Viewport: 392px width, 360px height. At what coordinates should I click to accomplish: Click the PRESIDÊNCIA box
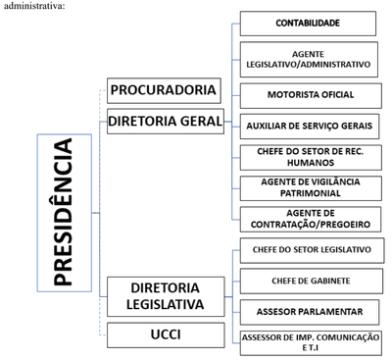coord(63,211)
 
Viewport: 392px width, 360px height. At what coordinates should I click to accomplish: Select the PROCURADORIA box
coord(163,90)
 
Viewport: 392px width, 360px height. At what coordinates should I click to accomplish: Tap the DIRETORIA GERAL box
coord(163,122)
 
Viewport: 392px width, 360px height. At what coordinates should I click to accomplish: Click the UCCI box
coord(163,335)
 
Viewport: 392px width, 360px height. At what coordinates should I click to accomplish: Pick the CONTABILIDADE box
coord(308,23)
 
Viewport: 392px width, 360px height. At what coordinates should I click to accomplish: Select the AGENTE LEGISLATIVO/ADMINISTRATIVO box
coord(308,59)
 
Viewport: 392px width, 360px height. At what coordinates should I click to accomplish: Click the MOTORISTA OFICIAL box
coord(308,95)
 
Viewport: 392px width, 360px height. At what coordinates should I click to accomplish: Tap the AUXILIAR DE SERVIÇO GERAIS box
coord(308,126)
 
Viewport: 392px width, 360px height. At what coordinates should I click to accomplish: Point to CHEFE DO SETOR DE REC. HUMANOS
coord(308,156)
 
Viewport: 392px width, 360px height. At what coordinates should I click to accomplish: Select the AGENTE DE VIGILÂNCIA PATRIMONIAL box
coord(308,187)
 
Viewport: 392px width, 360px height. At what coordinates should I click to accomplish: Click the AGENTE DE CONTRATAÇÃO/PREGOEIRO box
coord(308,219)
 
